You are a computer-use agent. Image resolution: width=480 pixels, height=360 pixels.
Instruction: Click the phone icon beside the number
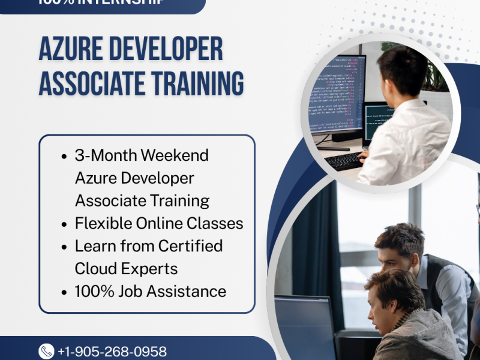46,351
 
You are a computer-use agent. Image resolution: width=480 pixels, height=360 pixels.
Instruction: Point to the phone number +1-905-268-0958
112,352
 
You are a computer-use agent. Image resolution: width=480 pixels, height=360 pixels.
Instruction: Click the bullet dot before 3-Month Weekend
64,156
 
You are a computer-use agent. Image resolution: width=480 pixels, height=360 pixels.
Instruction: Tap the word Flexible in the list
99,224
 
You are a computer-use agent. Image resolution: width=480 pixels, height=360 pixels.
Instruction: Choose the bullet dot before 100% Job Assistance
64,292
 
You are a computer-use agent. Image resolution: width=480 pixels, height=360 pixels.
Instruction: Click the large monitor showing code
337,96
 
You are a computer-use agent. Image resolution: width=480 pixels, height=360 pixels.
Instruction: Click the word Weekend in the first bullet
180,155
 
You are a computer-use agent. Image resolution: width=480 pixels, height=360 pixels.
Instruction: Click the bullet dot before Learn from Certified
64,247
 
